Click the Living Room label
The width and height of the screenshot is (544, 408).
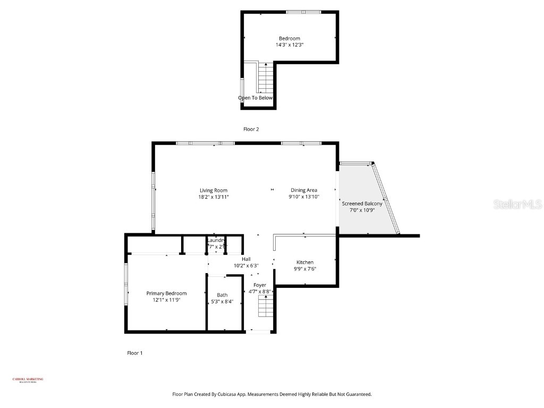(x=214, y=190)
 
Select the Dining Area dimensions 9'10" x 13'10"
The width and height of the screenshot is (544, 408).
(x=304, y=197)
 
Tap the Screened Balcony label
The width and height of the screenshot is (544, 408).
(x=362, y=203)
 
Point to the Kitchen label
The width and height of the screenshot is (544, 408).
(x=305, y=262)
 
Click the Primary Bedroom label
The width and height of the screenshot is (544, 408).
(x=166, y=293)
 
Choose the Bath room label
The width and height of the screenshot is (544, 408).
(x=222, y=295)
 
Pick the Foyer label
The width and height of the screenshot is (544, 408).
(x=260, y=285)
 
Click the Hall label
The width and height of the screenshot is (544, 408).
(x=246, y=259)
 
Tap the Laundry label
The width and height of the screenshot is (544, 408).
(x=216, y=241)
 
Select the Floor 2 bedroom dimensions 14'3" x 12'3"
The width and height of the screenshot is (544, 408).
(x=290, y=45)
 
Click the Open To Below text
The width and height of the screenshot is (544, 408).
(x=255, y=98)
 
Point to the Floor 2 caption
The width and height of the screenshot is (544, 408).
(x=251, y=129)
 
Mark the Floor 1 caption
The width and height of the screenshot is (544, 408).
(x=135, y=353)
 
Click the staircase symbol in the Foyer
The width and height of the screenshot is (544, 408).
(x=265, y=307)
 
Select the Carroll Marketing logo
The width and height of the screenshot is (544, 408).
(x=28, y=380)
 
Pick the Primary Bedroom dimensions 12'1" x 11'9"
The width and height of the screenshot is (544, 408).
(x=166, y=300)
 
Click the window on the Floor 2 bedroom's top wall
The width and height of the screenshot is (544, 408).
(x=303, y=12)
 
